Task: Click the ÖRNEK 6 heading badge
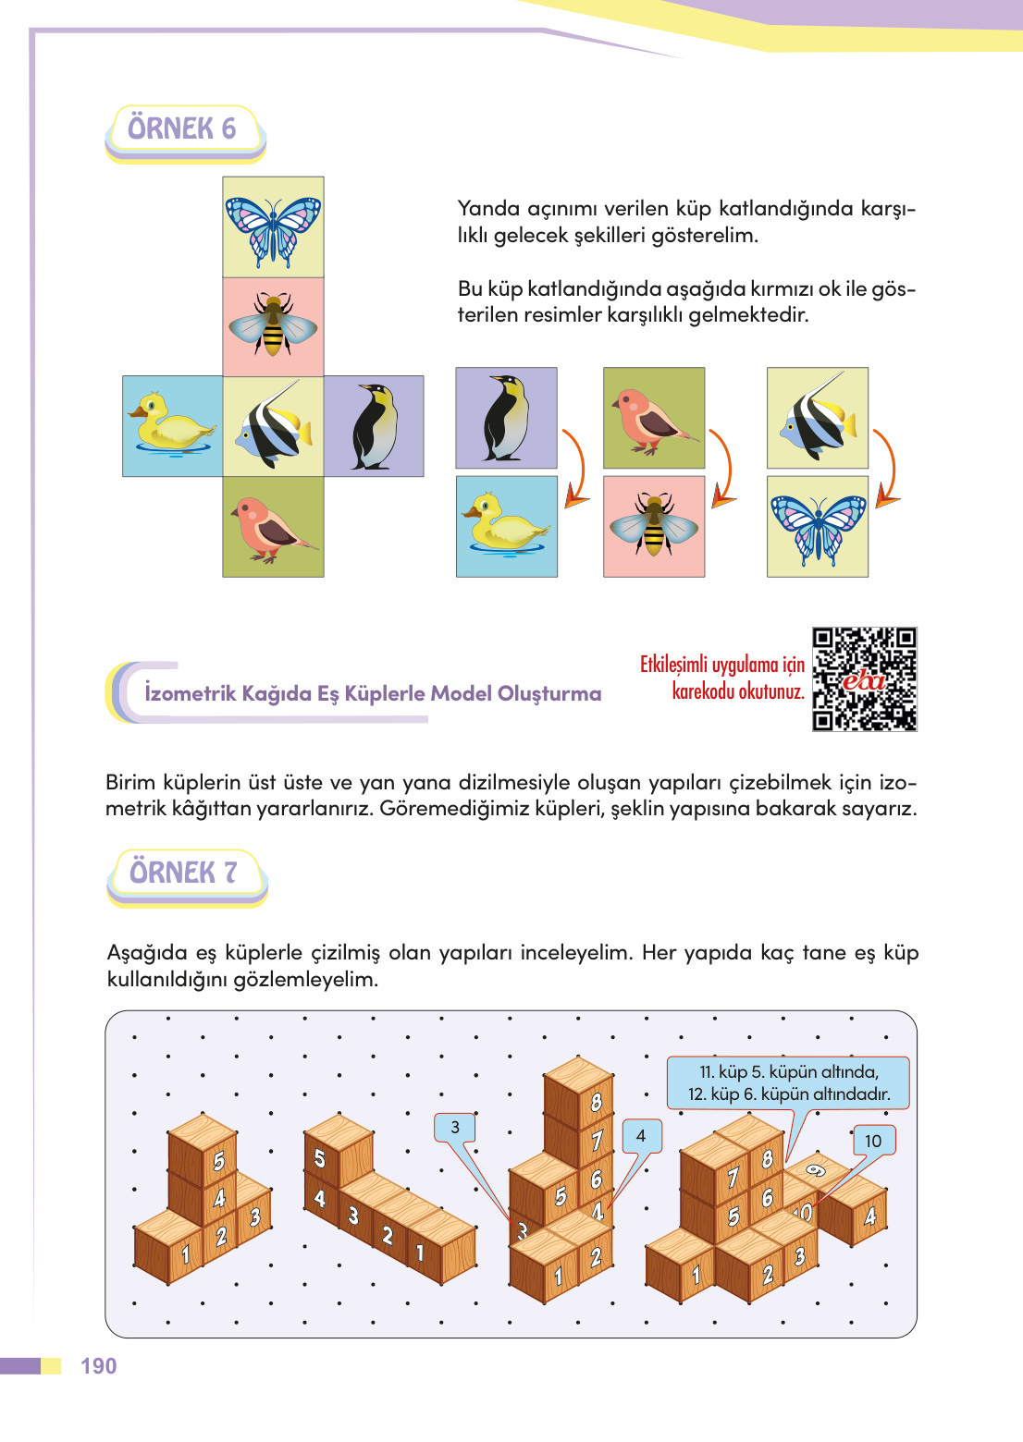point(184,129)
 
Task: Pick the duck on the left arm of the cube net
point(172,425)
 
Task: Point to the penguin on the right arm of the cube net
point(374,426)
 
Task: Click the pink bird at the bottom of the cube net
point(273,527)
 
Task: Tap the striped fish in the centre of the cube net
point(273,426)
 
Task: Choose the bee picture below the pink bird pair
point(654,526)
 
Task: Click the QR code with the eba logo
point(864,679)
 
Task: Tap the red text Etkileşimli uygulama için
point(722,665)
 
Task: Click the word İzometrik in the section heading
point(188,693)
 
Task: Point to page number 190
point(98,1366)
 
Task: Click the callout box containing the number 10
point(873,1141)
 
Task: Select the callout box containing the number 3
point(455,1127)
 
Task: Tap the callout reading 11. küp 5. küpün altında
point(788,1082)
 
